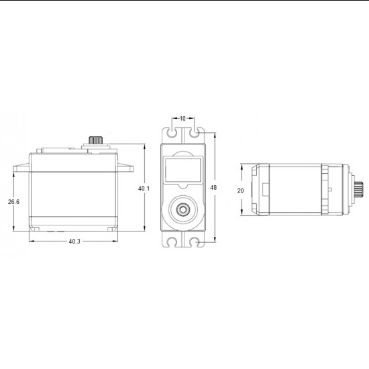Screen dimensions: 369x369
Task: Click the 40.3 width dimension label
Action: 74,242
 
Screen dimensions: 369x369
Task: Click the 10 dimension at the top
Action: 182,119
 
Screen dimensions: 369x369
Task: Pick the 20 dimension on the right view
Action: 241,190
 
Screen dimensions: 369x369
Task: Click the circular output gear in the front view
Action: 182,210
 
